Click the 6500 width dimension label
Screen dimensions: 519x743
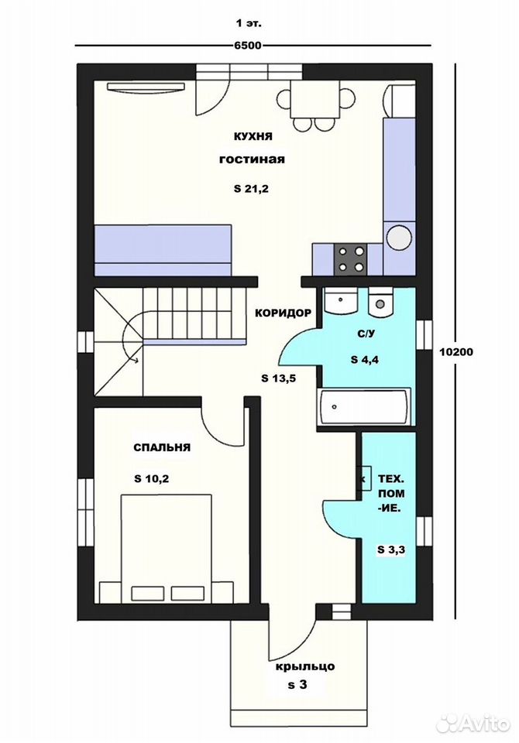(x=248, y=46)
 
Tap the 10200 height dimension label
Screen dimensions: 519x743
(x=456, y=351)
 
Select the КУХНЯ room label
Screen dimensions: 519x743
(x=253, y=136)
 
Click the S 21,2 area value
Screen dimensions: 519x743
(x=252, y=189)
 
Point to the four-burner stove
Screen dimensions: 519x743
(x=351, y=259)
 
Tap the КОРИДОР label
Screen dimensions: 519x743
(x=284, y=313)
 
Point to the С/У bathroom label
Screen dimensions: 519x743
(x=366, y=334)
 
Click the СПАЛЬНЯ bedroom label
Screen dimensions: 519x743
(x=162, y=447)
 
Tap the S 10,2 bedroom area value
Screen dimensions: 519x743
(x=151, y=478)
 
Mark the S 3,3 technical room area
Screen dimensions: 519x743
(x=391, y=550)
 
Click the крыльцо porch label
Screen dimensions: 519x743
(x=305, y=666)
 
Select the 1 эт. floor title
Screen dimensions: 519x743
(x=249, y=22)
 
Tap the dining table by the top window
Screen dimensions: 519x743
(x=315, y=100)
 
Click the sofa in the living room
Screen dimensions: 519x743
(x=163, y=250)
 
